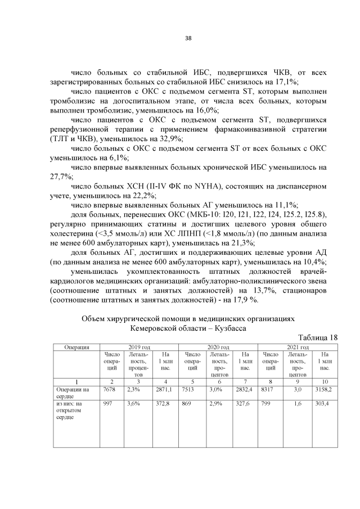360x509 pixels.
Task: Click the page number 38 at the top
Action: (x=188, y=38)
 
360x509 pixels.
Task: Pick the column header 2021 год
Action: (x=298, y=346)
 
